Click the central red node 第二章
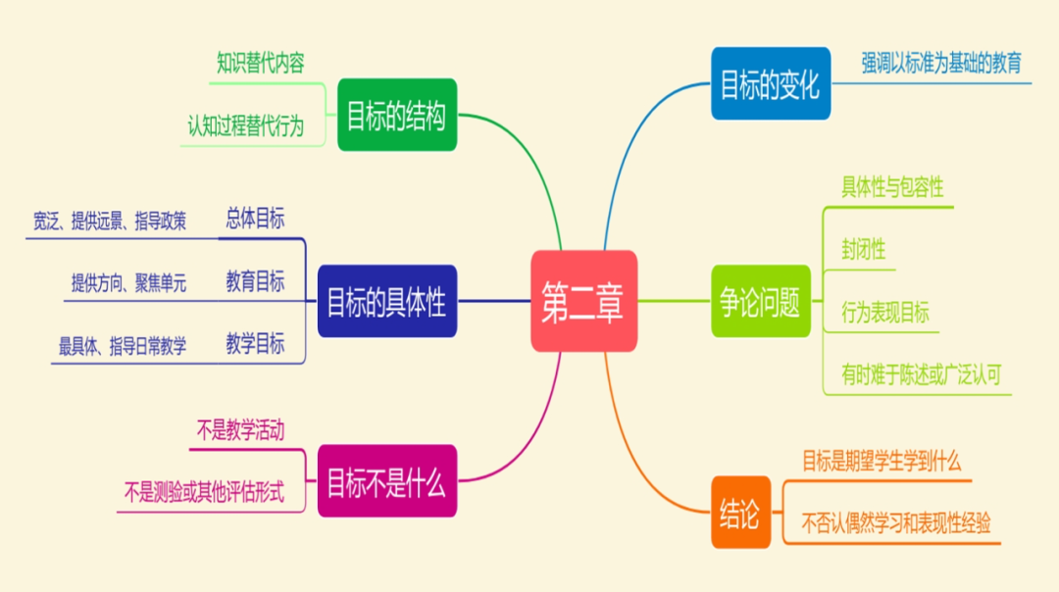pos(583,301)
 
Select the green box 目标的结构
pos(397,115)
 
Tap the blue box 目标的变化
pos(770,83)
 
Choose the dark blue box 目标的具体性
pos(387,301)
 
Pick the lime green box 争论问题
pos(761,301)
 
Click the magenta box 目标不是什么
pos(386,480)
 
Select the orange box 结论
pos(739,513)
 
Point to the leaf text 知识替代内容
pos(261,64)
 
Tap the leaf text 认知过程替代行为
pos(246,126)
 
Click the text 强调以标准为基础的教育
pos(941,64)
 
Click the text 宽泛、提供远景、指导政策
pos(110,222)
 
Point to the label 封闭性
pos(863,249)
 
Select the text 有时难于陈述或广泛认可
pos(921,373)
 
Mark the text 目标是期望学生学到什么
pos(882,461)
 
